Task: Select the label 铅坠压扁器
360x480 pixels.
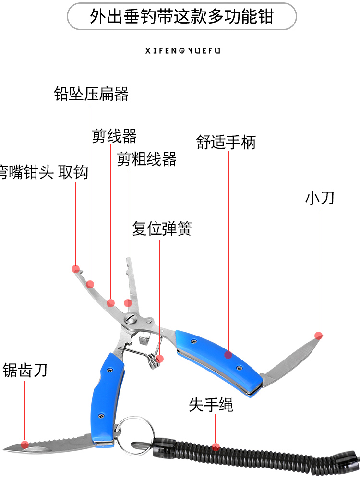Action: tap(91, 94)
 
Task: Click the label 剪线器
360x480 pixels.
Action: tap(114, 136)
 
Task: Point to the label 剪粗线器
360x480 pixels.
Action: tap(147, 159)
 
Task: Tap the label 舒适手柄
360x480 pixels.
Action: tap(226, 142)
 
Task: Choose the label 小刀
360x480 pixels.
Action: tap(319, 198)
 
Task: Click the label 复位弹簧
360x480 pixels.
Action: tap(162, 228)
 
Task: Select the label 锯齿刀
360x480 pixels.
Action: tap(25, 371)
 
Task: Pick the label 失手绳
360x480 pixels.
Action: tap(211, 405)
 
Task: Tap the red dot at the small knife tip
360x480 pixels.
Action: tap(318, 335)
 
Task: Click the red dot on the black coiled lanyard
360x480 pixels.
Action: tap(216, 447)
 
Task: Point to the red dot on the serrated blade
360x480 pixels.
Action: tap(25, 443)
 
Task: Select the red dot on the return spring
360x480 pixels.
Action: tap(160, 358)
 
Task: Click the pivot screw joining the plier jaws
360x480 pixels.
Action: tap(130, 319)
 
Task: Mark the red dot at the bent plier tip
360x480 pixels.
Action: tap(75, 268)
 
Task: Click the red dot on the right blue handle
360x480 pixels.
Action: tap(228, 355)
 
